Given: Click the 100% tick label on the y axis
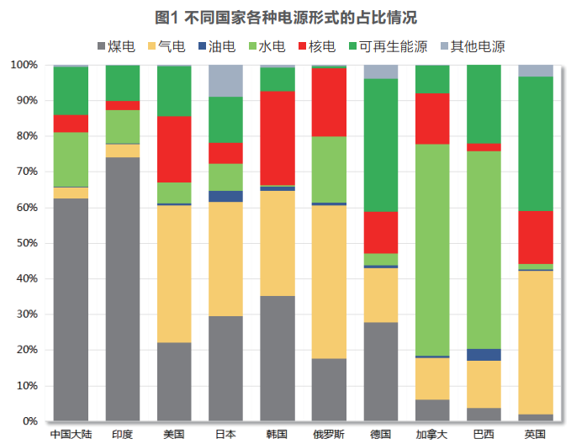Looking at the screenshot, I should [23, 65].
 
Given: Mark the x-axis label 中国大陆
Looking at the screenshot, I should [71, 434].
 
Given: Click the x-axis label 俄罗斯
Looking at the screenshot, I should [329, 434].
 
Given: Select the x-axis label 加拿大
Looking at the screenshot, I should [432, 434].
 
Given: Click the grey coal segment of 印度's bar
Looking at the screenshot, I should [123, 288].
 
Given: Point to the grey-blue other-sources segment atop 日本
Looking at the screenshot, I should [225, 81].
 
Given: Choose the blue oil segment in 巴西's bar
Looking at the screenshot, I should [484, 355].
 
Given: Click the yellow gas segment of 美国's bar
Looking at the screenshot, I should [174, 273].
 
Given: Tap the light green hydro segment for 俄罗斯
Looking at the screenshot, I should [329, 169].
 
